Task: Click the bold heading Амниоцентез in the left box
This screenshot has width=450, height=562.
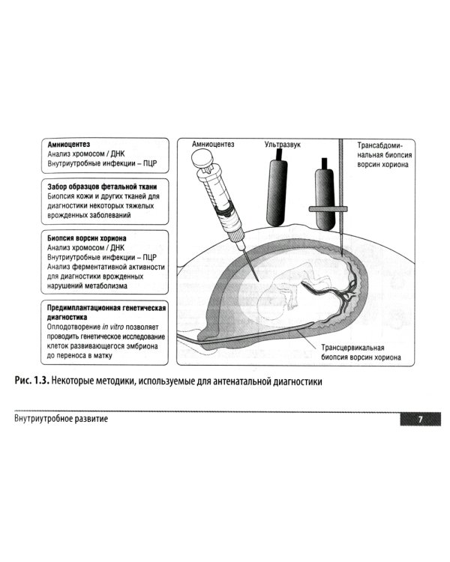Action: (x=69, y=145)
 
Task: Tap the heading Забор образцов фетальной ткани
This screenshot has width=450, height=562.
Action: (x=102, y=187)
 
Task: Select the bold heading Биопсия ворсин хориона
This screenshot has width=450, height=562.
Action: (x=87, y=238)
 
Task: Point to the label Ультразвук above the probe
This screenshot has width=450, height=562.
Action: (x=283, y=145)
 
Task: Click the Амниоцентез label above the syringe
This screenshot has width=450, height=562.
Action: (x=213, y=144)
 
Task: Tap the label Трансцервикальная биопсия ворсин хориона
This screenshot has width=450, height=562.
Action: (x=361, y=352)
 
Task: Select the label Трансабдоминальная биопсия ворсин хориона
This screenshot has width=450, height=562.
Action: (x=384, y=155)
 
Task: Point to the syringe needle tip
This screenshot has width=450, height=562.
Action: (x=258, y=280)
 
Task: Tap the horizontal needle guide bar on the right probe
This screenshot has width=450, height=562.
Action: (x=328, y=208)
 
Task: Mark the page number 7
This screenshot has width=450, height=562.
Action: (x=421, y=419)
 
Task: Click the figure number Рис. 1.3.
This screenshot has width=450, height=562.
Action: (x=31, y=381)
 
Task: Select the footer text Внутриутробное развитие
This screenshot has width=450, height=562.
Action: (x=61, y=419)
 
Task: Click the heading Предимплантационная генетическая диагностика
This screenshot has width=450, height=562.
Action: (x=106, y=312)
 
